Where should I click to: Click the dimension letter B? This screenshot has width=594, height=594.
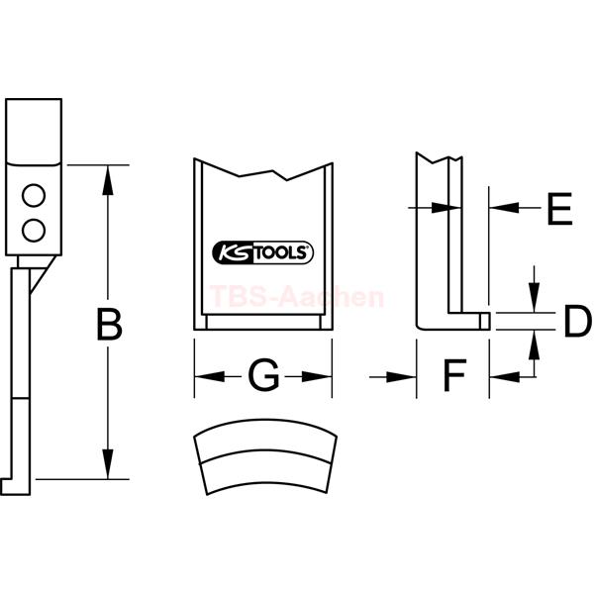110,325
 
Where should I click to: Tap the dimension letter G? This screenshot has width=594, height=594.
263,375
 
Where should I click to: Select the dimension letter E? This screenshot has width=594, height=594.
559,208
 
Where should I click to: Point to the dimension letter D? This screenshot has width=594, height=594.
578,322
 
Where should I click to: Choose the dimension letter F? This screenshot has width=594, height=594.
454,375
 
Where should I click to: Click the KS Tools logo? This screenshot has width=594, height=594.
263,252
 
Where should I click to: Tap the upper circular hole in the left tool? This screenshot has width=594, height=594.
34,195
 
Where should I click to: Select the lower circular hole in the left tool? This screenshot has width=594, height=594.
34,231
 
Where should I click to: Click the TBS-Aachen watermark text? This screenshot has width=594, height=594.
297,297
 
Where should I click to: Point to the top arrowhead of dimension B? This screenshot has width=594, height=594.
108,180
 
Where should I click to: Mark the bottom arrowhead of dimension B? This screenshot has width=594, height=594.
108,464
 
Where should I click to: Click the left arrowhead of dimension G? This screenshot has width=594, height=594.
209,377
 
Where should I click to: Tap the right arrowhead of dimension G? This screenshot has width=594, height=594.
317,377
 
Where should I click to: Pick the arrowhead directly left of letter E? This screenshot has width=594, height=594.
504,208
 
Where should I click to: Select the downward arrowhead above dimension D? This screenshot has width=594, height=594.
534,298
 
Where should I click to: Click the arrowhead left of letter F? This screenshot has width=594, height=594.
401,377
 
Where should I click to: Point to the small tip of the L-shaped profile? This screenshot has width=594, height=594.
485,321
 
